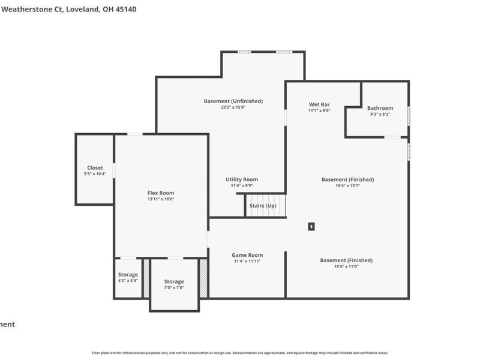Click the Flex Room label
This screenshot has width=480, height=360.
[161, 193]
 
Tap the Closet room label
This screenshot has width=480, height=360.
[95, 168]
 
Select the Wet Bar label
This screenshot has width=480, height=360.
[319, 104]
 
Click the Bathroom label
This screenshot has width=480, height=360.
[380, 108]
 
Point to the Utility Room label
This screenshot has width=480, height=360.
[242, 179]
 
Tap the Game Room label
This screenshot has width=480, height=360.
[247, 255]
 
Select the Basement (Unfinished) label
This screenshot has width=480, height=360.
[233, 101]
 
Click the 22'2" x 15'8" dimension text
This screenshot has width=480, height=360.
[233, 107]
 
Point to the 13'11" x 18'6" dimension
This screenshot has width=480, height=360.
[161, 199]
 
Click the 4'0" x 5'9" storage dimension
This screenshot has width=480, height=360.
[128, 280]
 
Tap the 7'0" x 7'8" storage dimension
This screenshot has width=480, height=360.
[174, 287]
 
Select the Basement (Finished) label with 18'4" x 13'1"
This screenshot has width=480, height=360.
[347, 179]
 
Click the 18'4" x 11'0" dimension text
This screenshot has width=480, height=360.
[346, 266]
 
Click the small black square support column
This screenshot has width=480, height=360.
[311, 226]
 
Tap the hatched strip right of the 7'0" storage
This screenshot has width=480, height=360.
[204, 278]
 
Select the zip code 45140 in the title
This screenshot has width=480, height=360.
[124, 10]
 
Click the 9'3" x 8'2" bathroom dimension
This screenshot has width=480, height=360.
[380, 114]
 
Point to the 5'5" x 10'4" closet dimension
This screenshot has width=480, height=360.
[95, 174]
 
